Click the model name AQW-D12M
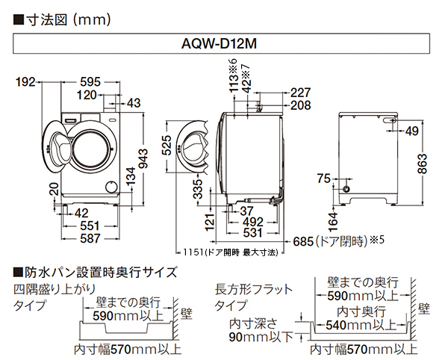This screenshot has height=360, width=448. click(224, 44)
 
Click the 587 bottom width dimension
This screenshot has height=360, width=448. click(90, 238)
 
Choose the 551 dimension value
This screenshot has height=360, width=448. click(90, 226)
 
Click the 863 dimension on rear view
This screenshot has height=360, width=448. click(424, 160)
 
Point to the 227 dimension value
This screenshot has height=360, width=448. click(300, 93)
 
